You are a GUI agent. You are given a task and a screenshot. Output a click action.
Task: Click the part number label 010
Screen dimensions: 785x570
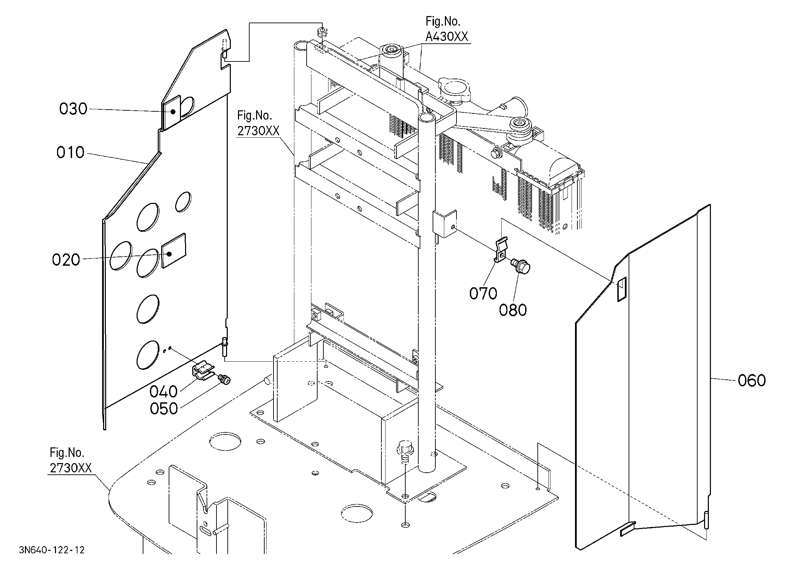(70, 152)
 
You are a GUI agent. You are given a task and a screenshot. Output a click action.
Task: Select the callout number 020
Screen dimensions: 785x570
(66, 260)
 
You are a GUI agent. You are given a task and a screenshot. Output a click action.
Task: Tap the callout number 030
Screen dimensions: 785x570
(73, 109)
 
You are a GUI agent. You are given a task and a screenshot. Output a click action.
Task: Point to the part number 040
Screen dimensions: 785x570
(163, 392)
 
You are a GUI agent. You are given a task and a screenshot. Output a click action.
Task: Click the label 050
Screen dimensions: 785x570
(164, 408)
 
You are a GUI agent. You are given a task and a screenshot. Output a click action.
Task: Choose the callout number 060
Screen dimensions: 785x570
(752, 380)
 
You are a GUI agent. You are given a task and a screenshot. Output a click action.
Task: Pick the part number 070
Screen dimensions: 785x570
(483, 294)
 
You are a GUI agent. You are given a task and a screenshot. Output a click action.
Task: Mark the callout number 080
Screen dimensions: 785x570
(513, 310)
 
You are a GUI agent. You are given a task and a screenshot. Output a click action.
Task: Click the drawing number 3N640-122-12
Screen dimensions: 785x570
(52, 550)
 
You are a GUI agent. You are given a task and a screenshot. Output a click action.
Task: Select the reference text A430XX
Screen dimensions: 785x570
(447, 36)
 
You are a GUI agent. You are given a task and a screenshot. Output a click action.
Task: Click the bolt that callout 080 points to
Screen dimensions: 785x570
(521, 267)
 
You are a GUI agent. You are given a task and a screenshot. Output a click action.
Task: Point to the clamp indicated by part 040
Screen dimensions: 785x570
(204, 371)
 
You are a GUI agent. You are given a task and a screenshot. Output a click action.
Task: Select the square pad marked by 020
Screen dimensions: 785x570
(174, 250)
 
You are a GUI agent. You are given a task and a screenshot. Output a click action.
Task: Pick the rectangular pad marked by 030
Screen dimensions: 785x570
(172, 113)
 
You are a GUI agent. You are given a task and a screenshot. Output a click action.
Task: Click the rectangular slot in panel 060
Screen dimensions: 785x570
(622, 289)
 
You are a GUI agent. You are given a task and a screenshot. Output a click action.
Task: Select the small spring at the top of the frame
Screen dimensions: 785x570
(322, 33)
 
